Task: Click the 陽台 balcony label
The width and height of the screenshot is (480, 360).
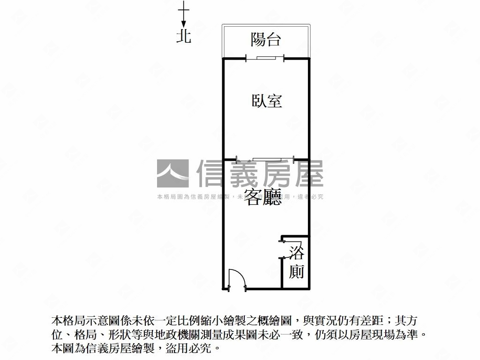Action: pos(265,39)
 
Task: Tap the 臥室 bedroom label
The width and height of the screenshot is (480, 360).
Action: pos(267,101)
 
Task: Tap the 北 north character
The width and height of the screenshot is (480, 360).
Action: pos(184,36)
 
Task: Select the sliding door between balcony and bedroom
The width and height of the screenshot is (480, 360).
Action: pos(265,58)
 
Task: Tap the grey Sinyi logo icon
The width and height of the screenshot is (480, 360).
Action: pos(172,174)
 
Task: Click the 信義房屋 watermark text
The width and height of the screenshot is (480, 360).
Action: pos(260,174)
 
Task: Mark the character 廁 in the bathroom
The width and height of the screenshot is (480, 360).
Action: pos(296,271)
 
